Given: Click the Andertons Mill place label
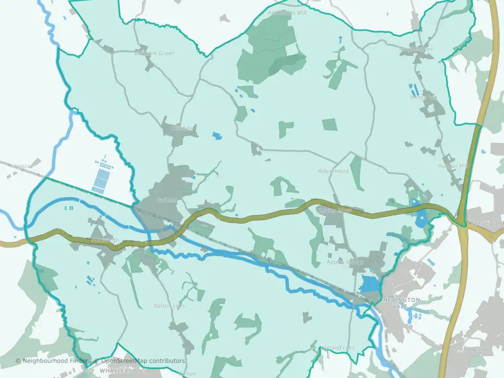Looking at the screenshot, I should pyautogui.click(x=287, y=13).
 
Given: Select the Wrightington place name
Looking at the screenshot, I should pyautogui.click(x=416, y=49).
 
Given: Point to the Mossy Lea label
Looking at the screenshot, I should pyautogui.click(x=423, y=97).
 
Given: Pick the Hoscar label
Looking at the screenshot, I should pyautogui.click(x=23, y=166).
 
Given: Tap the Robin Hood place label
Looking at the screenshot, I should pyautogui.click(x=333, y=171).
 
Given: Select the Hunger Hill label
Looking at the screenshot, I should pyautogui.click(x=452, y=166).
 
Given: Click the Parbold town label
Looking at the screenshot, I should pyautogui.click(x=167, y=200).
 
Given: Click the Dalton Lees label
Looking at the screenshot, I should pyautogui.click(x=169, y=306).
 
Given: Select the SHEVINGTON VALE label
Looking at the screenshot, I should pyautogui.click(x=400, y=302).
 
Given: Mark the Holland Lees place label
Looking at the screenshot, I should pyautogui.click(x=339, y=348).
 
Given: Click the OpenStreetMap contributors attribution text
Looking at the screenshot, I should pyautogui.click(x=143, y=361).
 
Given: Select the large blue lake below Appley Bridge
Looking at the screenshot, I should pyautogui.click(x=369, y=284).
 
